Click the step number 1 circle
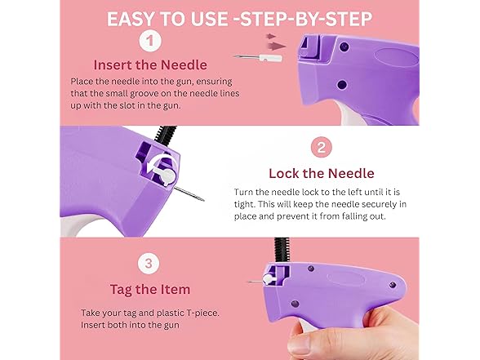tap(150, 41)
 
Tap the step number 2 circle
tap(322, 147)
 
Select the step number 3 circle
tap(149, 263)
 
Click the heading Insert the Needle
tap(150, 65)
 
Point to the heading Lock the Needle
tap(322, 173)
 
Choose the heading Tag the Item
tap(150, 289)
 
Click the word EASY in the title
tap(131, 19)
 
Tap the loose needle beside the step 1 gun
tap(258, 57)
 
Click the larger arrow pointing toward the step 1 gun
tap(277, 47)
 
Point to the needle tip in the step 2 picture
tap(203, 200)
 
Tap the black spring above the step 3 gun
tap(282, 250)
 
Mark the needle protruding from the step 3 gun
tap(256, 282)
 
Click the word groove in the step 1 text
tap(149, 94)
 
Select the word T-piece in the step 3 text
tap(203, 313)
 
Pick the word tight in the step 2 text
tap(243, 204)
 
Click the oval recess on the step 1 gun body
tap(396, 57)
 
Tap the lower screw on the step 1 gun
tap(341, 85)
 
